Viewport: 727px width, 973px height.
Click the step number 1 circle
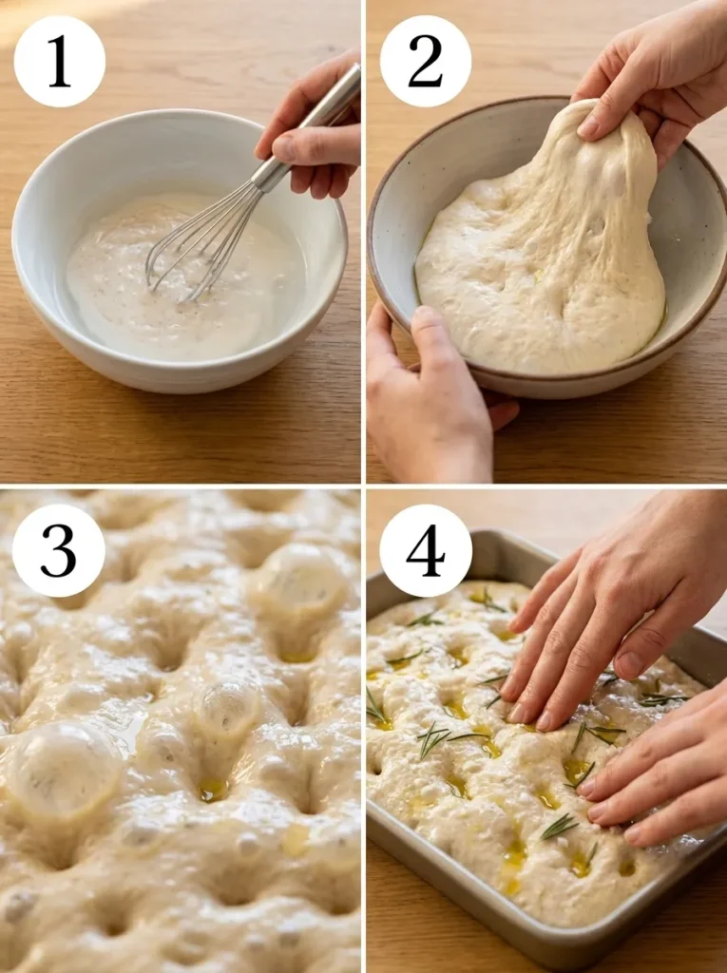(59, 61)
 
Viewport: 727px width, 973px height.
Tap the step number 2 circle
(425, 61)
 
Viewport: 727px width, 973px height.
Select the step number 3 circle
(59, 550)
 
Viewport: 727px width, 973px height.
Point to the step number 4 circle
(425, 550)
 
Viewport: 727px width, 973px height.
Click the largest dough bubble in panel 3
(62, 770)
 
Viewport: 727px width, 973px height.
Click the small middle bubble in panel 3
(228, 708)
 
